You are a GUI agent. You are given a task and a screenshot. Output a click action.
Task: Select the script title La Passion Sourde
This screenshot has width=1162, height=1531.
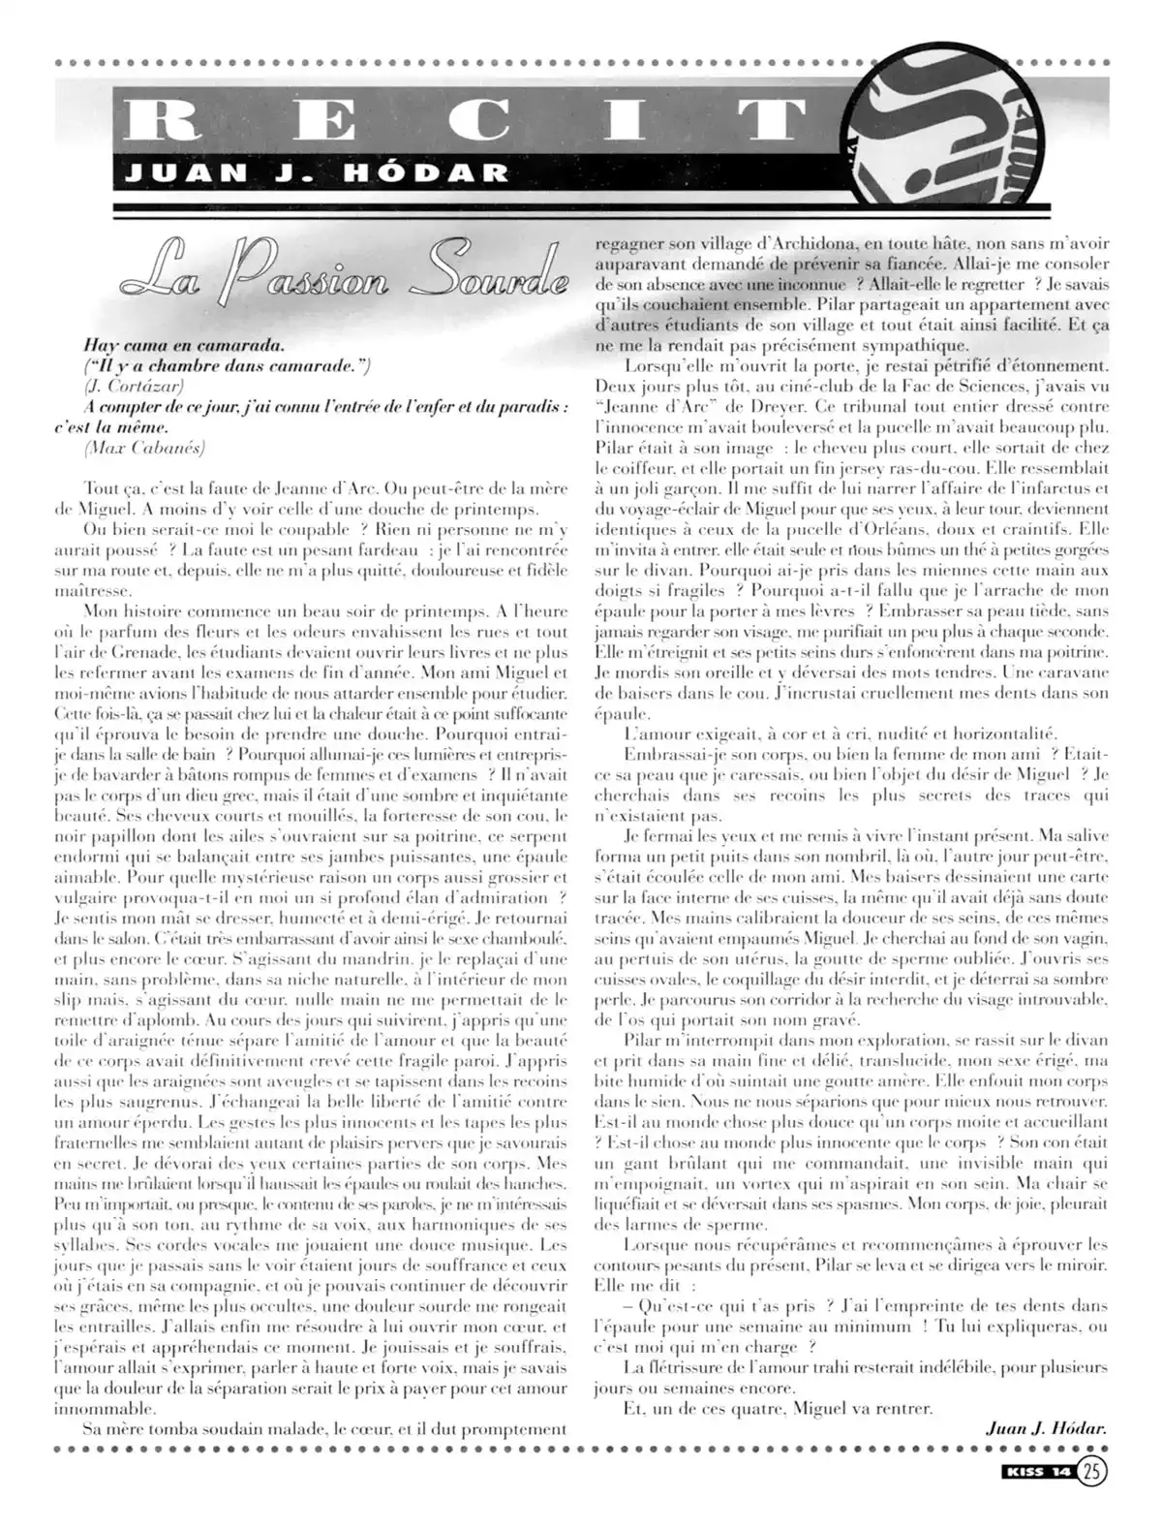(x=345, y=277)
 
